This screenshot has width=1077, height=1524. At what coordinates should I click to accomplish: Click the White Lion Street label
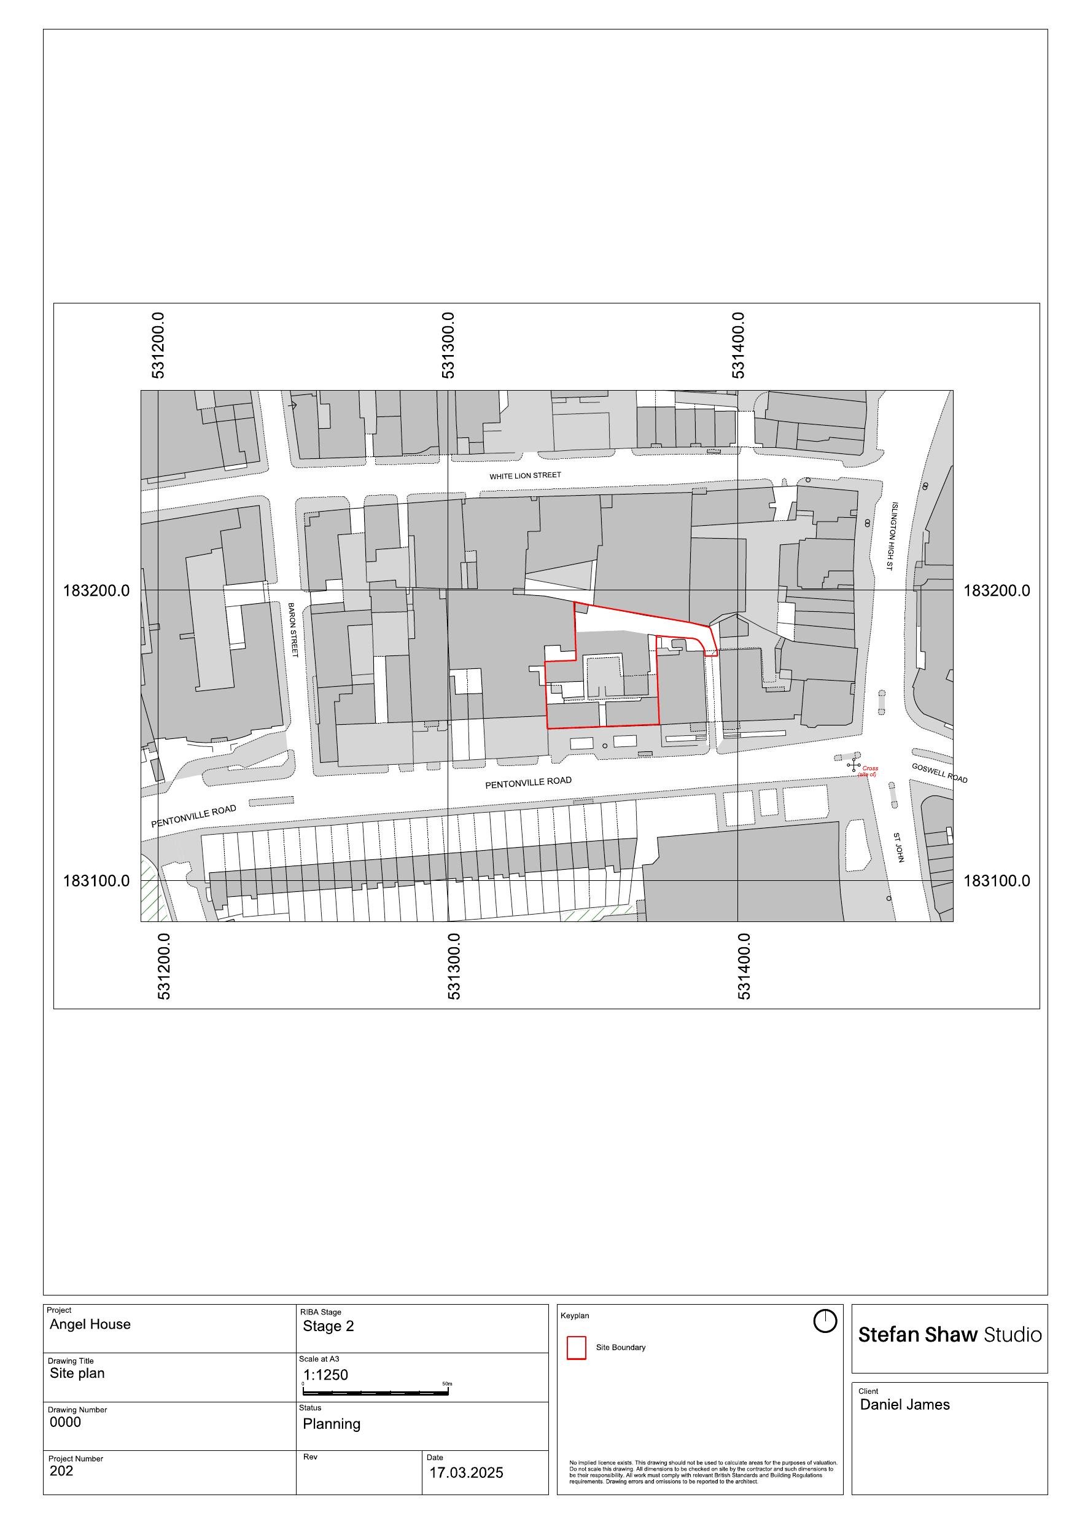[525, 476]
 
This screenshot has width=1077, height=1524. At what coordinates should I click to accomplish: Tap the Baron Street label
[293, 630]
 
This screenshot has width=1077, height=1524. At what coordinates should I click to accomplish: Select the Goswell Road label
[939, 773]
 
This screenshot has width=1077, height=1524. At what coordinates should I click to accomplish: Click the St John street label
[898, 848]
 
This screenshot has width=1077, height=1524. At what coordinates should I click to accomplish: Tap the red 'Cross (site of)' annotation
[868, 772]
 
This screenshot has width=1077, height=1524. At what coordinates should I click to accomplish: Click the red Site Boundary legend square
[576, 1348]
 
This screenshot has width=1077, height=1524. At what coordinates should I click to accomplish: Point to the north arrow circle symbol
[825, 1321]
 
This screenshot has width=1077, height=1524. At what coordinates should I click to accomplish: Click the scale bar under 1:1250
[376, 1391]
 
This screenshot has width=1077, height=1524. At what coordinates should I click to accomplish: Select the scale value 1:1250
[325, 1375]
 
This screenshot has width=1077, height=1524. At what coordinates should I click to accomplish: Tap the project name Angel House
[90, 1324]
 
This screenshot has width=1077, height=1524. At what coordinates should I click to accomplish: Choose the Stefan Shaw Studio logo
[950, 1335]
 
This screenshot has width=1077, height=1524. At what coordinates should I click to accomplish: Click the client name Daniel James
[904, 1404]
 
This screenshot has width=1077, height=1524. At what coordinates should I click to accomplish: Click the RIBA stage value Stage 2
[329, 1326]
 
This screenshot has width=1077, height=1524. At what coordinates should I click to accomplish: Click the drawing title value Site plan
[77, 1374]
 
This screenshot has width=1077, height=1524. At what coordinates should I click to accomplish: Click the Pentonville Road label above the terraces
[528, 783]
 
